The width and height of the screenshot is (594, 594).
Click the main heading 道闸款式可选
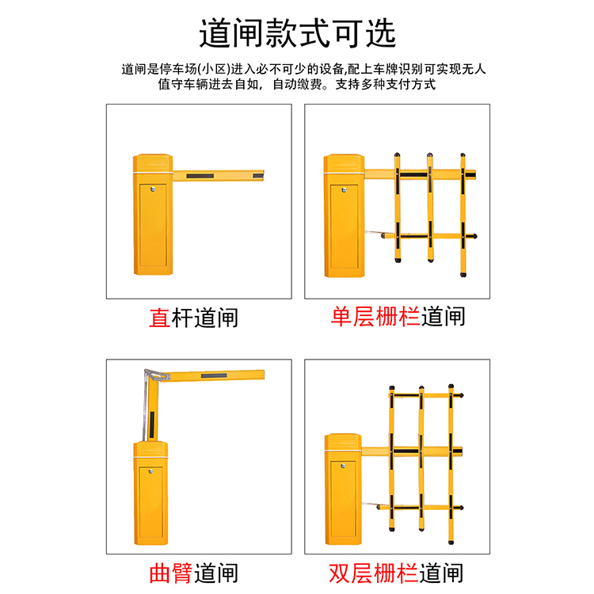297,33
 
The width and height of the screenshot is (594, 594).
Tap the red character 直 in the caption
160,318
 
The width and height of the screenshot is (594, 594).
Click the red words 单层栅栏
375,317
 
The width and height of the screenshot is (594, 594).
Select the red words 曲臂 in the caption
171,573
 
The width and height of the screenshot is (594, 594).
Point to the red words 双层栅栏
373,573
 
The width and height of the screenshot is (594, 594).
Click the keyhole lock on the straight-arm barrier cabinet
153,189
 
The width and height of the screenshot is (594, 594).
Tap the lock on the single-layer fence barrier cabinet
344,190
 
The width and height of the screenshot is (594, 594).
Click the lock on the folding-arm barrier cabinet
150,471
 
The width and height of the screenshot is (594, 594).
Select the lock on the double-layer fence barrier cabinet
343,466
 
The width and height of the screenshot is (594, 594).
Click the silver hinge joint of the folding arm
157,375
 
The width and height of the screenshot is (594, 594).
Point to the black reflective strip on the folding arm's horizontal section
214,375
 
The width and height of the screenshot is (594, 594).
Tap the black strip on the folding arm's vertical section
151,425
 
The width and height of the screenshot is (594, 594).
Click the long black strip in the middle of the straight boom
200,176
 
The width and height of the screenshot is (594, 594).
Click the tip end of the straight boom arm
264,175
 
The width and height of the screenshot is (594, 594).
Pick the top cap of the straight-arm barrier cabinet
153,163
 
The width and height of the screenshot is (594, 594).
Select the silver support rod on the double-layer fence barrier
371,505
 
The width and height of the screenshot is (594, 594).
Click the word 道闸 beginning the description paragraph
134,70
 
